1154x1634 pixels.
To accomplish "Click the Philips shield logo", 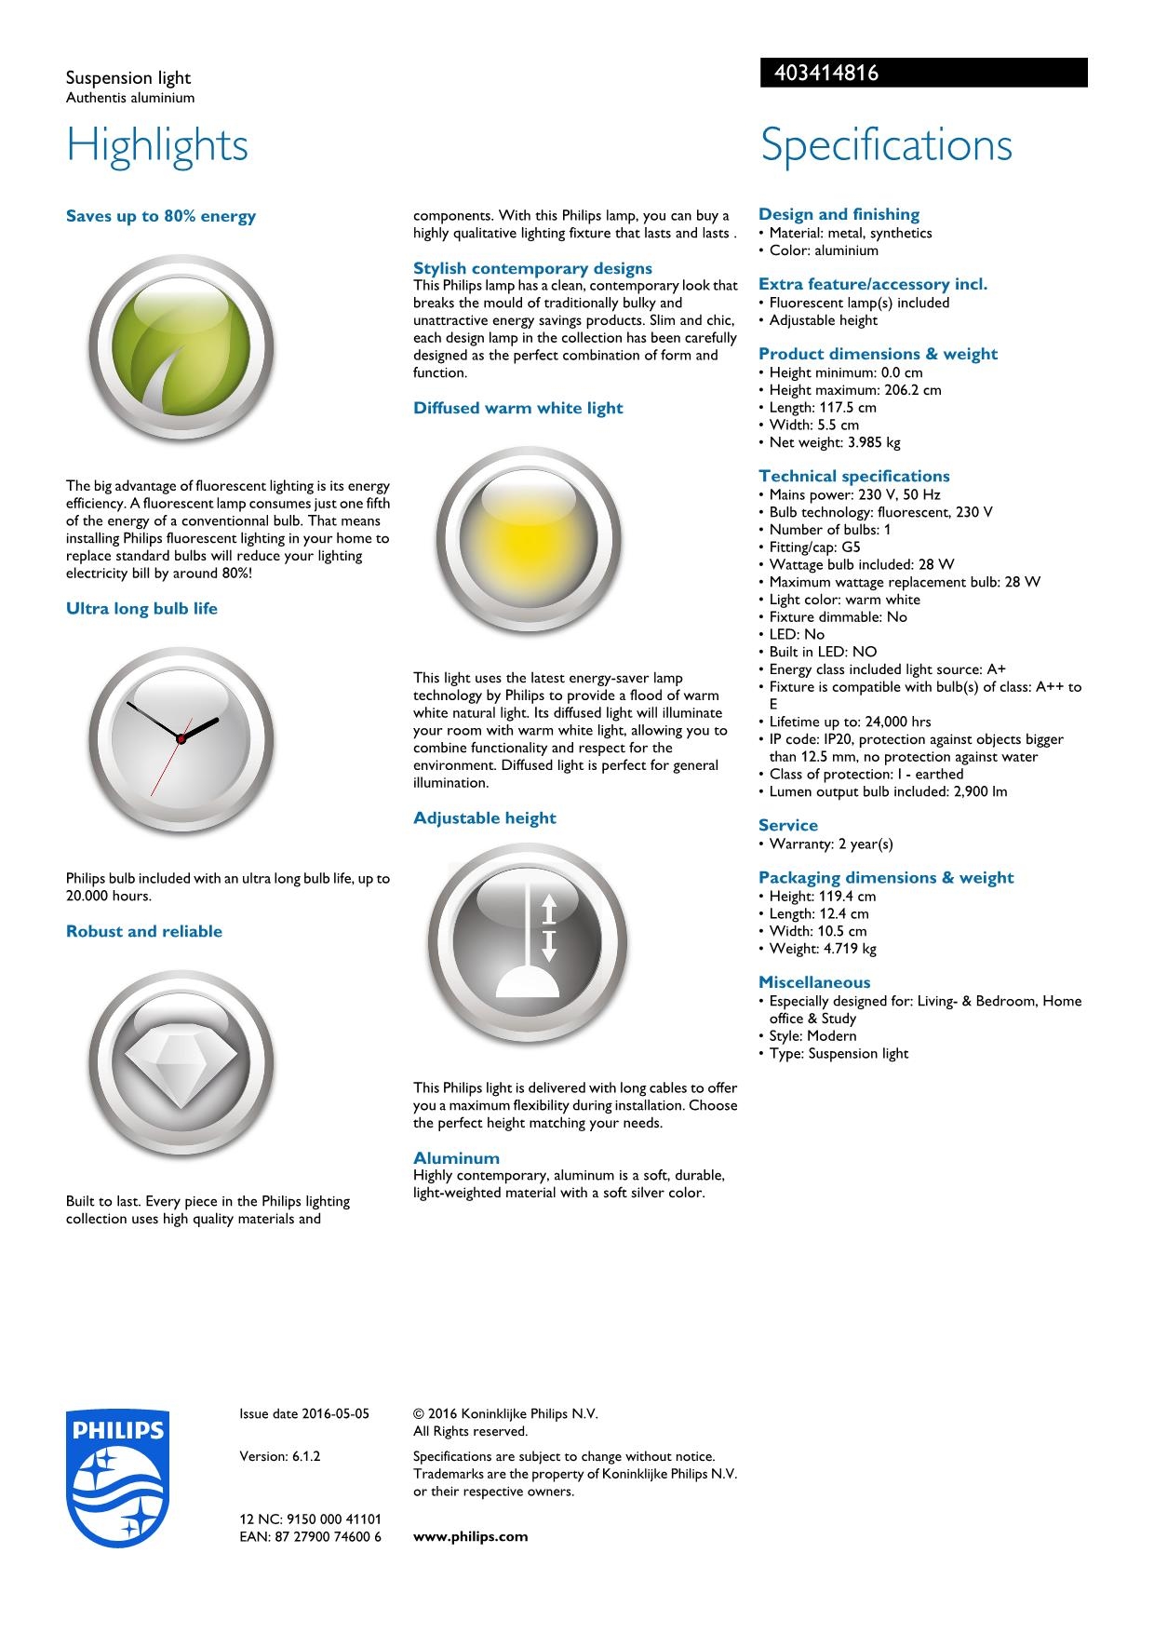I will point(118,1478).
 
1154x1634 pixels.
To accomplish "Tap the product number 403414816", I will point(820,73).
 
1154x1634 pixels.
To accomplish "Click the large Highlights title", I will point(157,145).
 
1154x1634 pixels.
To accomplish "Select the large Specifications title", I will point(886,145).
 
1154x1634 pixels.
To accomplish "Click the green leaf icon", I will point(181,348).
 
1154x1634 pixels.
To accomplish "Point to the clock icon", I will point(181,740).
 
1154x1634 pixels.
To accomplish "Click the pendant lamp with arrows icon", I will point(528,942).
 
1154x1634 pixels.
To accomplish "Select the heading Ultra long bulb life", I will point(141,609).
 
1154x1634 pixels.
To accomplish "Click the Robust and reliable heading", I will point(144,932).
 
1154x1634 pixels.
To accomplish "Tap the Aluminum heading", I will point(456,1158).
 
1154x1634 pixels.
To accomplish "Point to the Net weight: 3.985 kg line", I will point(834,442).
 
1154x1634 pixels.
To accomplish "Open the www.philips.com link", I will point(470,1537).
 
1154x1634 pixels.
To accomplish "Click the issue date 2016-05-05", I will point(304,1413).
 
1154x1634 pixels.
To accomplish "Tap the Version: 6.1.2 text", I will point(280,1456).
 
